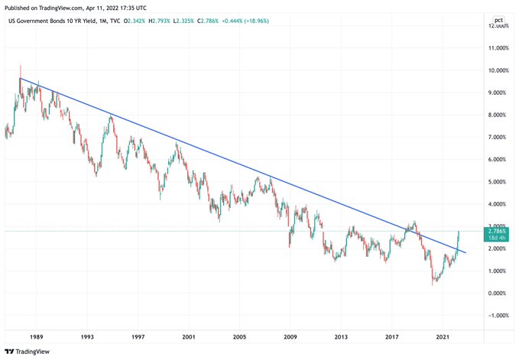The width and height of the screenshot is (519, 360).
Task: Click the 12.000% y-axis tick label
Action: (x=499, y=26)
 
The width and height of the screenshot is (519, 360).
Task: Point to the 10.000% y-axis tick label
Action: (x=499, y=70)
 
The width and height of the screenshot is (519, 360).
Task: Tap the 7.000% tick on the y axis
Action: (x=499, y=138)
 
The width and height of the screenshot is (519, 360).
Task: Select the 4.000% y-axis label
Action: (x=499, y=204)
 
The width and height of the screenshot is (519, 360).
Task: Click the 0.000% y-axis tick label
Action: (x=499, y=294)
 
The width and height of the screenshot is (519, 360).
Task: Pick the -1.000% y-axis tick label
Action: (x=499, y=316)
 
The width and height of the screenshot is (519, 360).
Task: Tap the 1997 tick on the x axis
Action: (x=138, y=336)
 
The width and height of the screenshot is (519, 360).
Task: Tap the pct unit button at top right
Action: (x=498, y=19)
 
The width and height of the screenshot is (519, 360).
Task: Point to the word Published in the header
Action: (x=21, y=5)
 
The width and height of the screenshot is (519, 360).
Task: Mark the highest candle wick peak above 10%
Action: (x=20, y=65)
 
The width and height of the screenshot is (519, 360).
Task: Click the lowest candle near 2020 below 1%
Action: (x=433, y=283)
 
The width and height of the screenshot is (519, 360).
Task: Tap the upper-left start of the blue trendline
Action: (x=20, y=78)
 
